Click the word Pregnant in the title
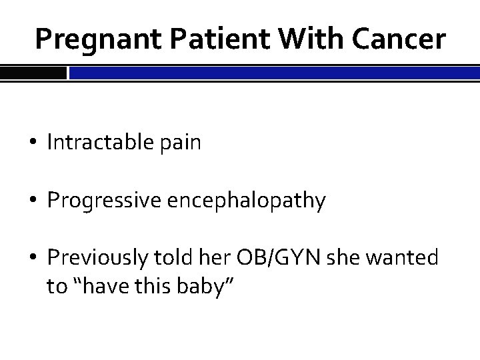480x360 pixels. (89, 41)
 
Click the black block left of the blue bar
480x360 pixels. (33, 72)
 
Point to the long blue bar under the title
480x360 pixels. (274, 72)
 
